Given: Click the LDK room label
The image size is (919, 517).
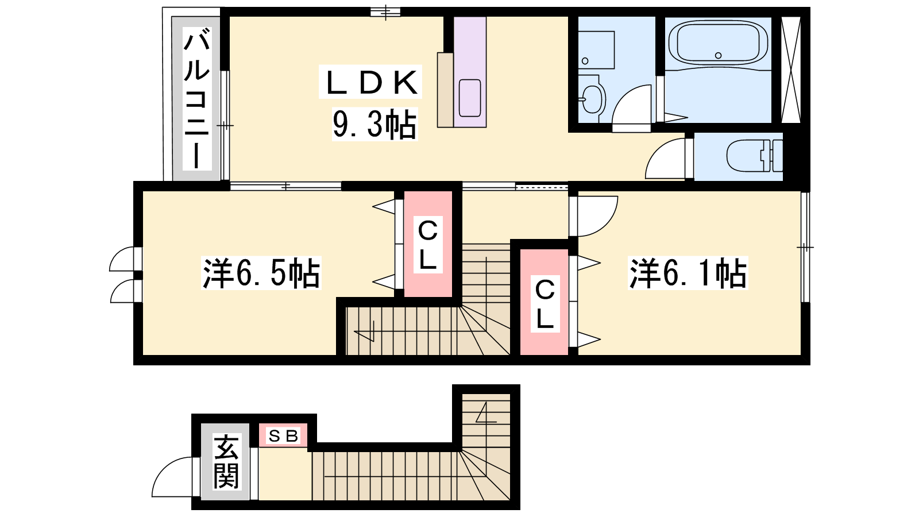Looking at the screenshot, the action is click(371, 83).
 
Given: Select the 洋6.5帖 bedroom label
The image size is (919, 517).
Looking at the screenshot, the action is click(261, 273).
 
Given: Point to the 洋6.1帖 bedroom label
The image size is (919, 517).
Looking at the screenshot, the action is click(688, 273).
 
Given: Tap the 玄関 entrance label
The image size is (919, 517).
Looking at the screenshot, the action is click(226, 462).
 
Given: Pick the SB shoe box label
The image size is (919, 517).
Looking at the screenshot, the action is click(283, 436).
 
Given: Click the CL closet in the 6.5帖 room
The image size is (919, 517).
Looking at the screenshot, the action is click(428, 244).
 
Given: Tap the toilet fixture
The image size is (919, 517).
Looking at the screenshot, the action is click(755, 156).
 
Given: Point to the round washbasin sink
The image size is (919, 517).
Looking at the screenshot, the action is click(592, 99).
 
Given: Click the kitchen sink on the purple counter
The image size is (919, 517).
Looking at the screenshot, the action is click(470, 98).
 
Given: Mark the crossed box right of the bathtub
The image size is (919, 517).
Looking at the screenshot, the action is click(790, 70).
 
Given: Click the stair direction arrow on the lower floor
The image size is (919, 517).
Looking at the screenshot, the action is click(485, 413).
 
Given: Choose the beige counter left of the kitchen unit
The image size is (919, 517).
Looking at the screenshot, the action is click(445, 90).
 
